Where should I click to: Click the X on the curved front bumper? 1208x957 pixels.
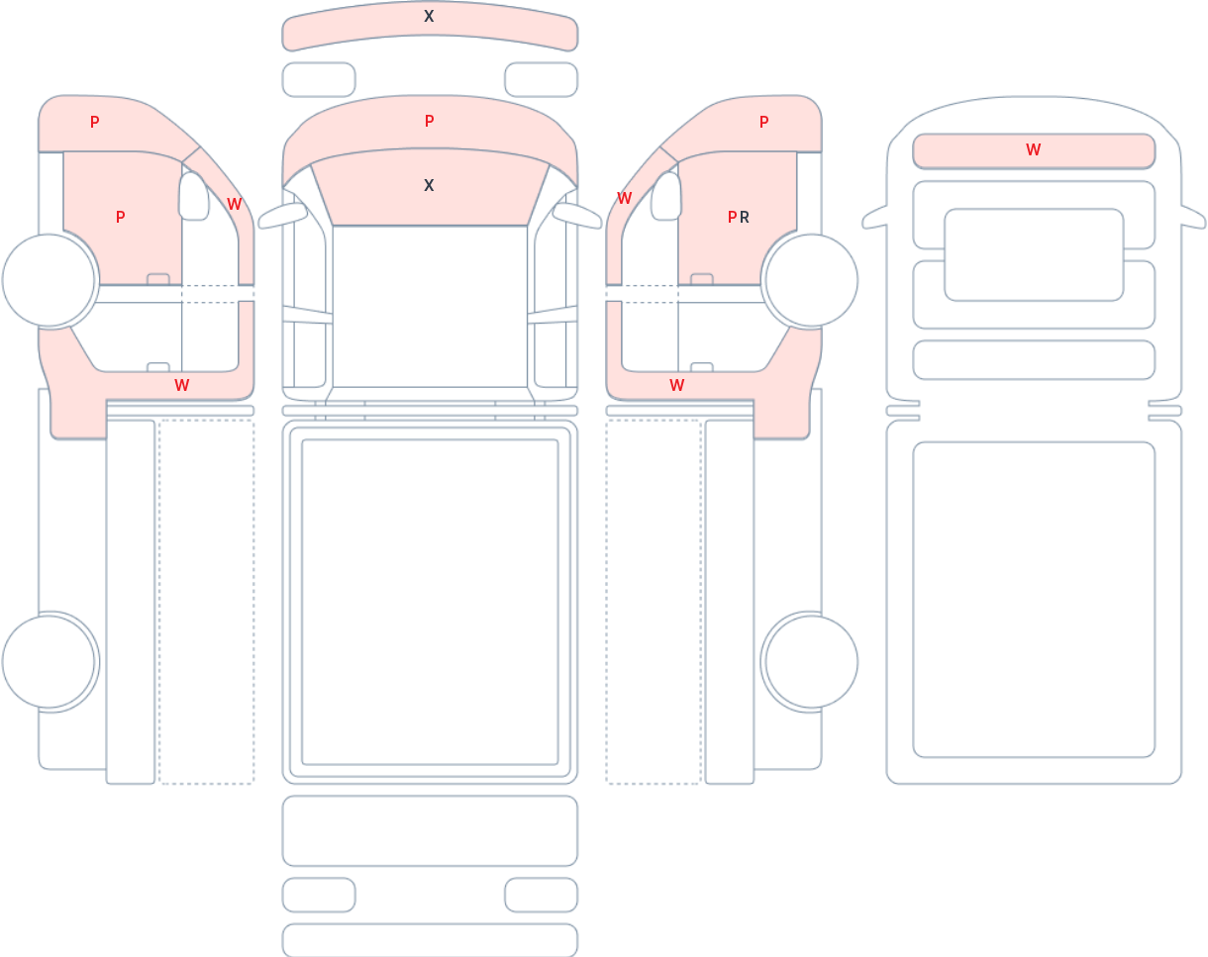(x=429, y=16)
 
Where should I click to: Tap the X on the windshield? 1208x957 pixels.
(x=429, y=186)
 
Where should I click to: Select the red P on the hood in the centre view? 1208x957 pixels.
(x=430, y=121)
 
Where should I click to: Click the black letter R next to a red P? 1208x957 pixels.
(x=745, y=217)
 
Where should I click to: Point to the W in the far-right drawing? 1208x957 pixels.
(x=1034, y=149)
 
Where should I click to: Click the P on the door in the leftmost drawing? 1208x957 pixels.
(x=120, y=217)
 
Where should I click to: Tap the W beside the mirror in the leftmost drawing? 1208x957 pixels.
(x=234, y=204)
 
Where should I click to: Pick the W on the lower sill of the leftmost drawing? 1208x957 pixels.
(x=182, y=385)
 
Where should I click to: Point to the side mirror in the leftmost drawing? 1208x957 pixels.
(x=194, y=196)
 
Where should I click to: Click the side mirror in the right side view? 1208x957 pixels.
(x=666, y=196)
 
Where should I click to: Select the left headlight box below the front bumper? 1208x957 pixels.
(x=319, y=79)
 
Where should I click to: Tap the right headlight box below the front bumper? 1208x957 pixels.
(x=542, y=79)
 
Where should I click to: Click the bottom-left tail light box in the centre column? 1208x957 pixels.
(x=319, y=895)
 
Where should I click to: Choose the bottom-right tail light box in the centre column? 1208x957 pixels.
(x=542, y=895)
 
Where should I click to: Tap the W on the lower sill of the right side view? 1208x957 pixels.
(x=677, y=385)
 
